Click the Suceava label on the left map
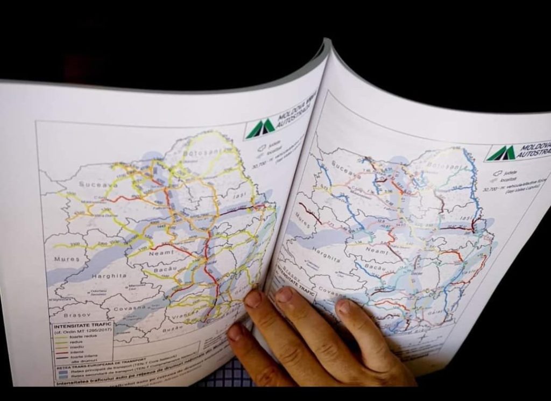click(x=95, y=184)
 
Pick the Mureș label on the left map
click(x=67, y=259)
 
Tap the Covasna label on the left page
click(x=128, y=307)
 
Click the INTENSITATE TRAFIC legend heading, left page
click(x=81, y=326)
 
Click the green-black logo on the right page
click(x=500, y=153)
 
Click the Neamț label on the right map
click(x=376, y=249)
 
